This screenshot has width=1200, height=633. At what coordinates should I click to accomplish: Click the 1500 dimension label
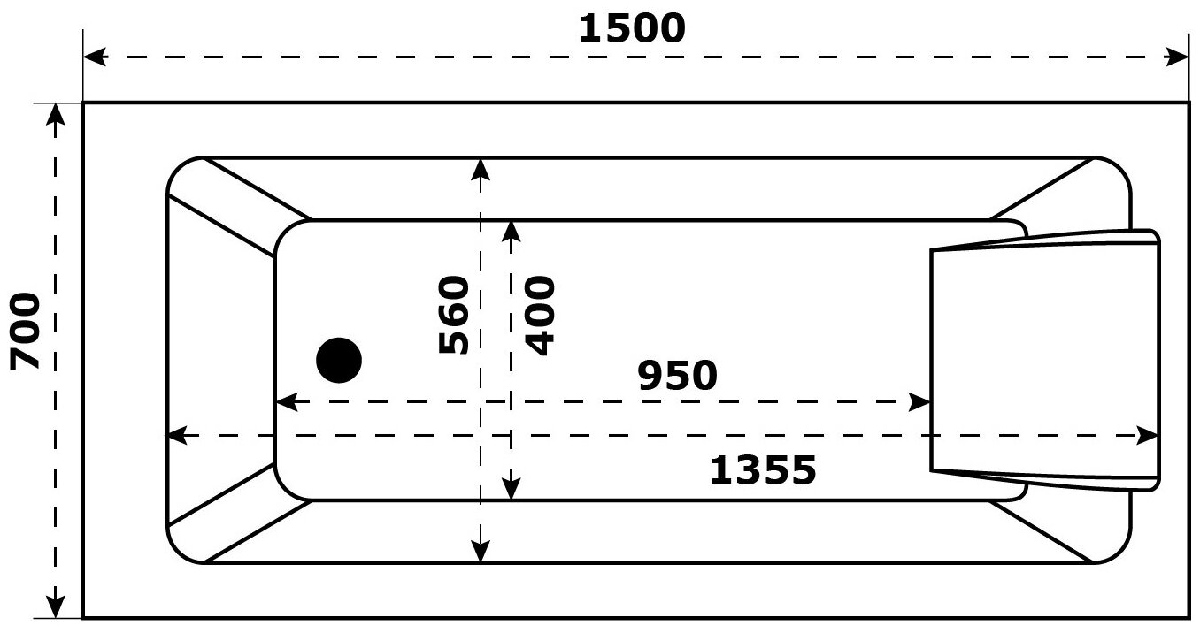(x=632, y=29)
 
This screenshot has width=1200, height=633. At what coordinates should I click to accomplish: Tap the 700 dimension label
(x=26, y=331)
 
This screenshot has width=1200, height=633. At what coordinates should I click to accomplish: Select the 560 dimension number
(x=453, y=316)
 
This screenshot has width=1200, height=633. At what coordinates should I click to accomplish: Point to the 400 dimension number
(x=539, y=316)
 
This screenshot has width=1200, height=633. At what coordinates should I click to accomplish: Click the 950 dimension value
(x=677, y=377)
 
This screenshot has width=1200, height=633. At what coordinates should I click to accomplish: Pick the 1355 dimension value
(x=763, y=471)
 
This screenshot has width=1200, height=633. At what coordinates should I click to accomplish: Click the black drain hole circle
(x=339, y=361)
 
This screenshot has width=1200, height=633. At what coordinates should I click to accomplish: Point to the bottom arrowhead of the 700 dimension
(x=56, y=606)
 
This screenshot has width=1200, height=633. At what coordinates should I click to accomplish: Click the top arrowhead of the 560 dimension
(x=480, y=169)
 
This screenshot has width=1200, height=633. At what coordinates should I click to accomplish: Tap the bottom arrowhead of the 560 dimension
(x=480, y=551)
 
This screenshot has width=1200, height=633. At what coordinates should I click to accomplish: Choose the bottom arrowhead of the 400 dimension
(x=512, y=488)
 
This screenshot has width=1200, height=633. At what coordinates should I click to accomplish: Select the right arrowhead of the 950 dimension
(x=920, y=403)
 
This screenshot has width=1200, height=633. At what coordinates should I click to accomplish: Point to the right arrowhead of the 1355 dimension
(x=1148, y=436)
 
